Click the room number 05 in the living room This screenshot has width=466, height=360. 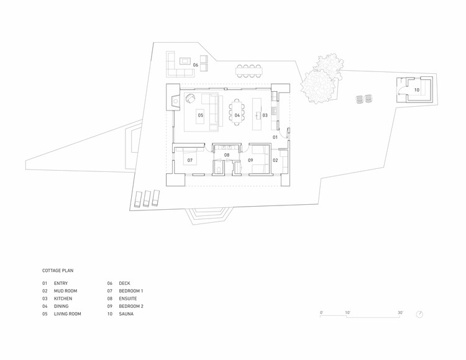tap(201, 115)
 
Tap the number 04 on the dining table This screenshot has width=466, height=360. tap(237, 115)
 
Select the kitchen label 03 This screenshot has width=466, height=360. tap(265, 115)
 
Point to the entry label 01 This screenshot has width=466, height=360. tap(275, 137)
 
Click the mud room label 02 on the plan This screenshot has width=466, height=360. tap(275, 160)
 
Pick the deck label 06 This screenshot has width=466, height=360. tap(195, 65)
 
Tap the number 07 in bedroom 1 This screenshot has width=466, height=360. tap(190, 160)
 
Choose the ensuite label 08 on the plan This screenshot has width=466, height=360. tap(227, 155)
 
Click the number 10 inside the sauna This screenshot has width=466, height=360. tap(417, 89)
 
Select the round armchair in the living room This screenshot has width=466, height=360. tap(190, 98)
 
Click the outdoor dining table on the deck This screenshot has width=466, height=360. tap(249, 71)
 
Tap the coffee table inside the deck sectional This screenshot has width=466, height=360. tap(185, 61)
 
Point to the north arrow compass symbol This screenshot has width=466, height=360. tap(419, 314)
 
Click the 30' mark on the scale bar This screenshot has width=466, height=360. tap(400, 312)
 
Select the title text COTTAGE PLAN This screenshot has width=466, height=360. tap(58, 271)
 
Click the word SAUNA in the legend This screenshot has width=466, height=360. tap(126, 313)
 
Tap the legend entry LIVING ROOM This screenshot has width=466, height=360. tap(68, 313)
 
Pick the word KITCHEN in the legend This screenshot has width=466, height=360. tap(63, 299)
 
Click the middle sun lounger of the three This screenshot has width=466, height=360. tap(146, 199)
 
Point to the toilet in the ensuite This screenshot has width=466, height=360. tap(219, 169)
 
